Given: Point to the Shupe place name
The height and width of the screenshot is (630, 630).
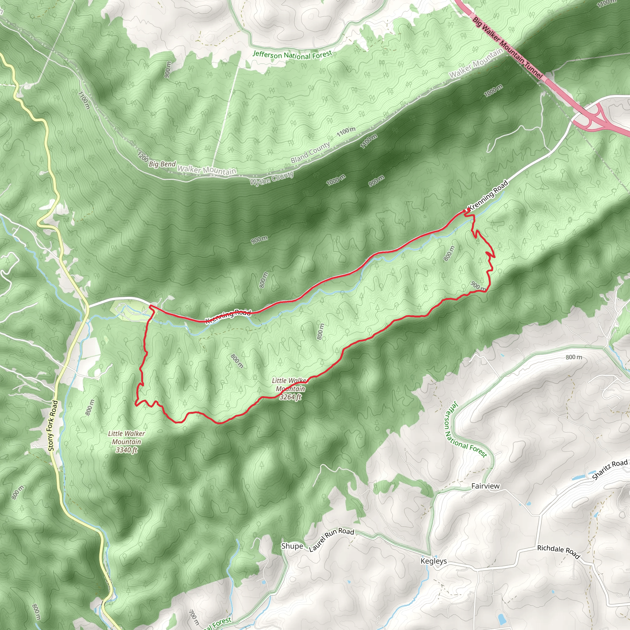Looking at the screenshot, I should tap(292, 546).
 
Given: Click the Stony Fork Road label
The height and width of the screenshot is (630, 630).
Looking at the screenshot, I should tap(53, 426).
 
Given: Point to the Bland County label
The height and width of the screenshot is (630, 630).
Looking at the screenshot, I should tap(310, 152).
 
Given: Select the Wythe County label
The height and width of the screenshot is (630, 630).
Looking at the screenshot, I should tap(272, 178).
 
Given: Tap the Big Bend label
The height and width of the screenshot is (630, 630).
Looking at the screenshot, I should tap(162, 164).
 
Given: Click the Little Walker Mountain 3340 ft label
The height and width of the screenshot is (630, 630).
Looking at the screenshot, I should tap(126, 442).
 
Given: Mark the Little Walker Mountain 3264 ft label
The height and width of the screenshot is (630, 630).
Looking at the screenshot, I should tap(290, 389).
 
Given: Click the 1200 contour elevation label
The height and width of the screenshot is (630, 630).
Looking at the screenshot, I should tap(142, 157).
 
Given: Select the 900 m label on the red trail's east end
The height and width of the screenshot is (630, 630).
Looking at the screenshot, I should tap(478, 286).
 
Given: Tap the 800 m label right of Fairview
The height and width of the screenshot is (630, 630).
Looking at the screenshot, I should tap(574, 357).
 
